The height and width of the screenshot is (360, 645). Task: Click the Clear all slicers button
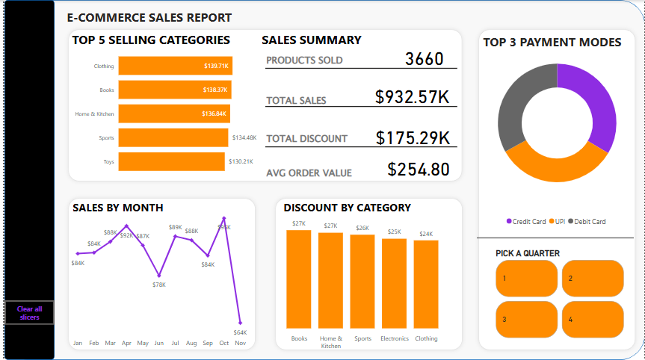tap(29, 313)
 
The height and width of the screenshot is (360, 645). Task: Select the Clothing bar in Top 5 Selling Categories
tap(175, 66)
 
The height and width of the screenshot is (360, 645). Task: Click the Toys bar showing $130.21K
tap(171, 161)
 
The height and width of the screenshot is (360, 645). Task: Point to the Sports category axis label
tap(106, 137)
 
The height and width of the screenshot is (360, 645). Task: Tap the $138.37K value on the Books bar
tap(215, 90)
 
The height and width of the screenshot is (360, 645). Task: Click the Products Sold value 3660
tap(424, 59)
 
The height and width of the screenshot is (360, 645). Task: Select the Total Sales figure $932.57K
tap(412, 97)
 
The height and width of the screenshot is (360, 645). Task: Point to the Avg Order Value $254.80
tap(419, 170)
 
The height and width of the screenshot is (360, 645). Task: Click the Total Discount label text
tap(306, 138)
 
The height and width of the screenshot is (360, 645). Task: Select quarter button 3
tap(525, 319)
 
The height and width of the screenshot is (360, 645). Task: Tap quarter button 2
tap(592, 278)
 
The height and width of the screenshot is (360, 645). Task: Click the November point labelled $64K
tap(240, 323)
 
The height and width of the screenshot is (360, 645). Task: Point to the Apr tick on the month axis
tap(126, 343)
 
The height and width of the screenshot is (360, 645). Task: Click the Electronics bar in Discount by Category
tap(394, 283)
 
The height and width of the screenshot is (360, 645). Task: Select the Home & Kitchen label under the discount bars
tap(330, 342)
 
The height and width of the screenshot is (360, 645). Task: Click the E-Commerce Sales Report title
tap(149, 17)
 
